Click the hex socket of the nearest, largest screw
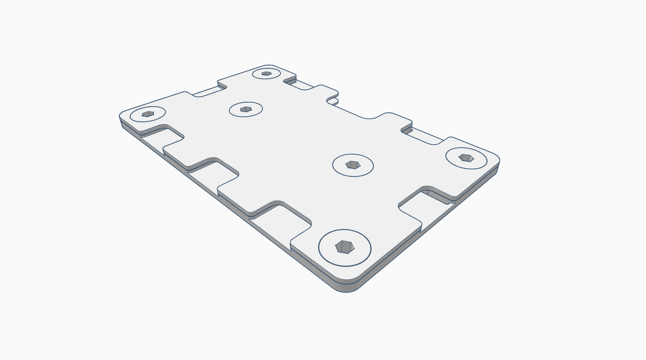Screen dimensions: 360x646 344,247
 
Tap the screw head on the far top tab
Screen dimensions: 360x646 266,74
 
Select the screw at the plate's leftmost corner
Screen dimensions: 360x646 148,114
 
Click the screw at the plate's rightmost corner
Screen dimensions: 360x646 466,158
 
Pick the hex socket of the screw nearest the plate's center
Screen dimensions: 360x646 352,165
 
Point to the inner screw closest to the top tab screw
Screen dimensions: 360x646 246,109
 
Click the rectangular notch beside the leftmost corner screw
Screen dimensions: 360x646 161,137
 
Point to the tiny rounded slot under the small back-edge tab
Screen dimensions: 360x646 334,101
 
